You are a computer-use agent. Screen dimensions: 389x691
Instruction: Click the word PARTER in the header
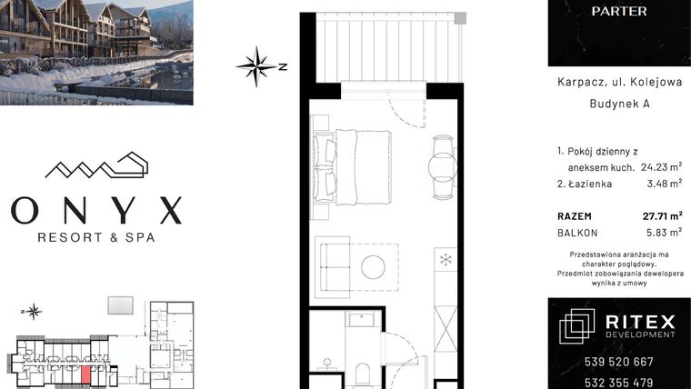click(x=619, y=12)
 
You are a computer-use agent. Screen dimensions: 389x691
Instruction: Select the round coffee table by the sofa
click(x=374, y=266)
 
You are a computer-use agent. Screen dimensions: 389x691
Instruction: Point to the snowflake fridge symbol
click(x=446, y=261)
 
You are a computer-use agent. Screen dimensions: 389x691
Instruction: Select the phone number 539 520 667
click(x=619, y=362)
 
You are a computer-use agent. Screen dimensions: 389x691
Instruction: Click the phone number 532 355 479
click(x=619, y=382)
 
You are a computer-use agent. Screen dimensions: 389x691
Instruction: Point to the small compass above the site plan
click(x=35, y=312)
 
